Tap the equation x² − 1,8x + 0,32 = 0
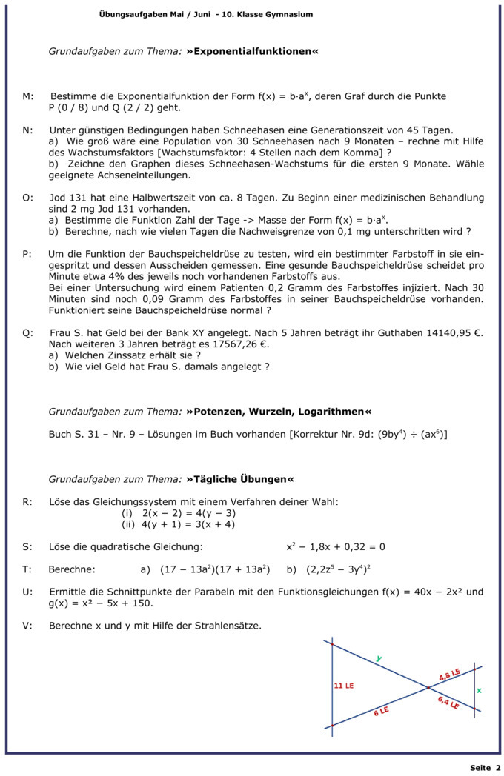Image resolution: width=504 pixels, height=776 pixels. pyautogui.click(x=336, y=547)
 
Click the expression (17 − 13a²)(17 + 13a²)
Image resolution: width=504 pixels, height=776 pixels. pyautogui.click(x=215, y=569)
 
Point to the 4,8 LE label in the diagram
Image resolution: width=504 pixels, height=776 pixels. pyautogui.click(x=449, y=675)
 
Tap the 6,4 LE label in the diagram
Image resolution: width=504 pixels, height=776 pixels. pyautogui.click(x=448, y=703)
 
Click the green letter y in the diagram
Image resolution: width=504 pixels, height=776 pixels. pyautogui.click(x=379, y=658)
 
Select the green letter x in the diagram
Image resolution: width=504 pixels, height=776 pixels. pyautogui.click(x=479, y=690)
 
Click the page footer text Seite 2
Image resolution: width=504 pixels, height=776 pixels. pyautogui.click(x=485, y=768)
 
